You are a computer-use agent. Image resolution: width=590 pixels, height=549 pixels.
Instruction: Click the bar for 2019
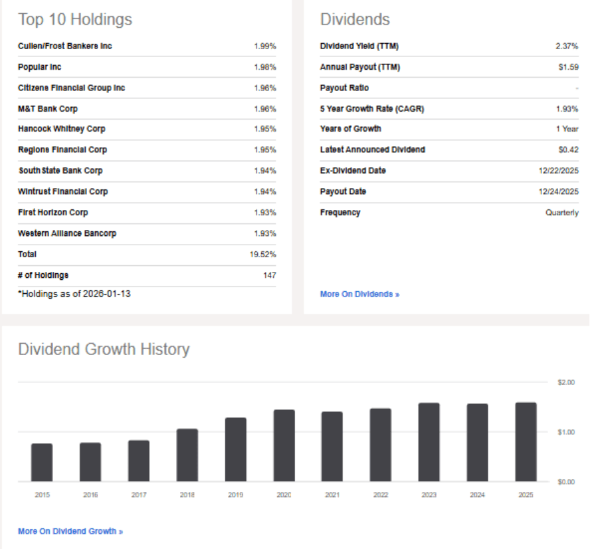pos(236,449)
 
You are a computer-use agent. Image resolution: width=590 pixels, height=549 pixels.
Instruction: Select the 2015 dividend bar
pos(42,462)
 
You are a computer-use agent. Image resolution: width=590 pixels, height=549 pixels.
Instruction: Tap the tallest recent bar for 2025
pos(526,442)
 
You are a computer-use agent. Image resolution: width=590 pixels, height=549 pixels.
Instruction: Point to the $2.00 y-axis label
pos(566,382)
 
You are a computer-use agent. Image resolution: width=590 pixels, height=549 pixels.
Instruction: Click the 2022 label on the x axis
pos(381,495)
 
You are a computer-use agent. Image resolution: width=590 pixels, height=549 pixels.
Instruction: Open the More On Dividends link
pos(359,294)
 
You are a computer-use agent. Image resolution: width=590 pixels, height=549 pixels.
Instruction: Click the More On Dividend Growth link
pos(70,531)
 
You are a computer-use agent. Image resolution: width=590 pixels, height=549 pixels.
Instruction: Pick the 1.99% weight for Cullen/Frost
pos(264,47)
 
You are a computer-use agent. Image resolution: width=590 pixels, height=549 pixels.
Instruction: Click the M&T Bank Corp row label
pos(49,108)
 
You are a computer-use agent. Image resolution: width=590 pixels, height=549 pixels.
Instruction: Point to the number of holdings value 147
pos(269,275)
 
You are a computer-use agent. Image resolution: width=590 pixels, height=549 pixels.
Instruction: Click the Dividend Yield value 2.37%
pos(567,47)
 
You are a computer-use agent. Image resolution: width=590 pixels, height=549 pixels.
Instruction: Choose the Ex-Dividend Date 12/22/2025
pos(558,171)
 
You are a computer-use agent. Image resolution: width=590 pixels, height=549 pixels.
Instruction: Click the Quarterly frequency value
pos(562,213)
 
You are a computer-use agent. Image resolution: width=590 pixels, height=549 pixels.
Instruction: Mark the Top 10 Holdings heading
pos(75,20)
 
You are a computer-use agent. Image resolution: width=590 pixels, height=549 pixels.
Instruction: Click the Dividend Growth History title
pos(104,349)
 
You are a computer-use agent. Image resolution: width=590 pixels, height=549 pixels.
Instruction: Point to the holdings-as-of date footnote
pos(74,293)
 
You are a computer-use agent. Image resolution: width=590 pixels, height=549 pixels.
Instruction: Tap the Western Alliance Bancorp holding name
pos(66,233)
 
